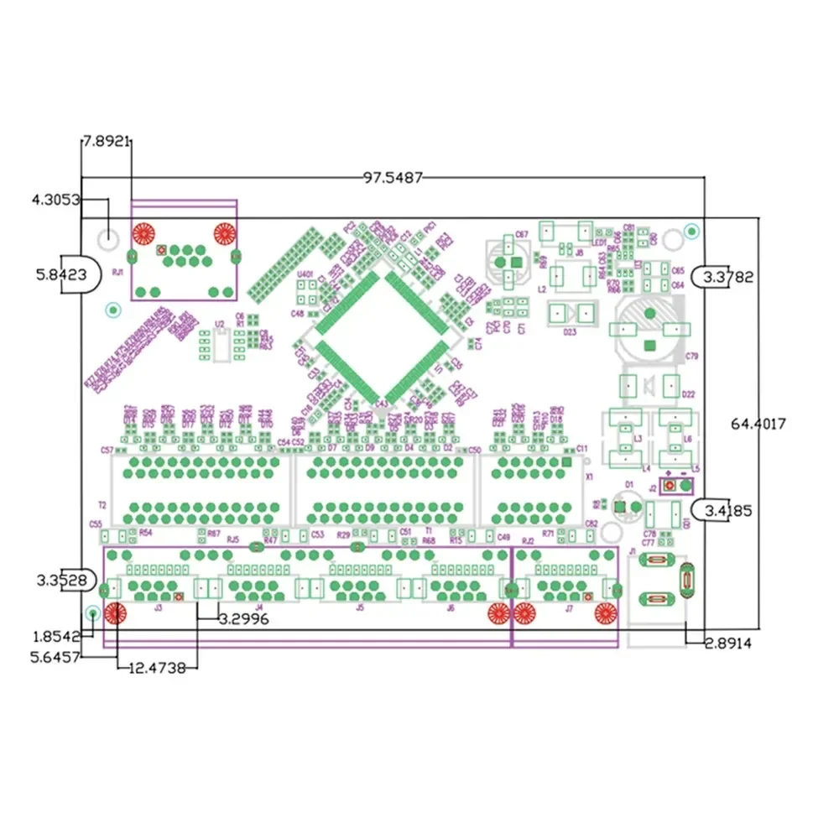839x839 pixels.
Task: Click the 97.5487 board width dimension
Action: tap(393, 177)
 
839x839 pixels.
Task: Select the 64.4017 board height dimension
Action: tap(758, 424)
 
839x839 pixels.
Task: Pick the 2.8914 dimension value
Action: tap(727, 644)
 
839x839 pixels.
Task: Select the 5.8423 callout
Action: tap(54, 274)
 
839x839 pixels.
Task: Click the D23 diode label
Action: tap(570, 331)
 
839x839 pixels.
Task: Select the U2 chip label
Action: tap(219, 323)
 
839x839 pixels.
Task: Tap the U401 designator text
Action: tap(305, 274)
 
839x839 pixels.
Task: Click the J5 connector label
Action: tap(360, 607)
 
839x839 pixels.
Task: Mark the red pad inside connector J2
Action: tap(669, 487)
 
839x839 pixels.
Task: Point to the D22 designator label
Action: tap(689, 393)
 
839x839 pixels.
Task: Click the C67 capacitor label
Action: tap(521, 234)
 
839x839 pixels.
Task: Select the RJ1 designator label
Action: tap(117, 273)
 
